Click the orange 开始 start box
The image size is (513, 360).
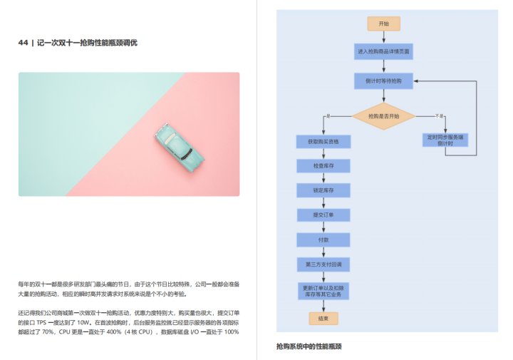click(x=383, y=24)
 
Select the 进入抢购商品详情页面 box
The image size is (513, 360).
click(x=383, y=52)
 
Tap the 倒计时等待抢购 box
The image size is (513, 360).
click(x=383, y=81)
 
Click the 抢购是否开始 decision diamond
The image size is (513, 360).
click(x=383, y=116)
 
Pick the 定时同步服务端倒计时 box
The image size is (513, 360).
click(x=445, y=140)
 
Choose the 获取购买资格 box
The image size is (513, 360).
click(x=323, y=142)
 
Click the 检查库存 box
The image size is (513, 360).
click(x=323, y=166)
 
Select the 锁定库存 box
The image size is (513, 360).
click(x=323, y=190)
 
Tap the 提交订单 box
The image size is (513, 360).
click(x=323, y=215)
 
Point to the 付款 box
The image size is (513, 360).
click(x=323, y=240)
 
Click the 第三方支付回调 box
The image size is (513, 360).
click(x=323, y=264)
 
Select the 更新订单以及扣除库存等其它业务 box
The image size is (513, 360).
click(x=323, y=291)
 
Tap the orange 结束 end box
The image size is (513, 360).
click(x=323, y=318)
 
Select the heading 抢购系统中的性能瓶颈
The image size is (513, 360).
click(x=309, y=346)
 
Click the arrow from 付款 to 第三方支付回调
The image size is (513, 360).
click(x=323, y=252)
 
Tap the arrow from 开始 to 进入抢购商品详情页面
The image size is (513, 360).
click(x=383, y=37)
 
